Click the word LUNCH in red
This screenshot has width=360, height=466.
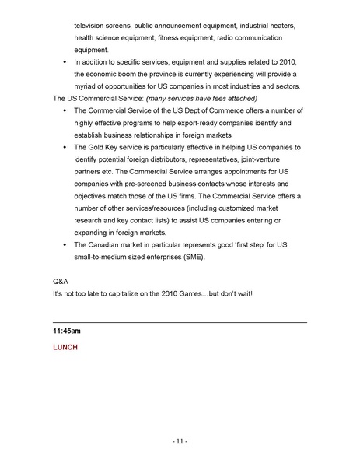[x=65, y=347]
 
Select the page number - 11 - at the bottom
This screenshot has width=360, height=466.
[x=180, y=441]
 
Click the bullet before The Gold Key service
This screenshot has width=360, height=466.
[x=63, y=146]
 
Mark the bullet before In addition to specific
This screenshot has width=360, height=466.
[x=63, y=61]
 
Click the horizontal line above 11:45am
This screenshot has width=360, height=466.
[x=180, y=321]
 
